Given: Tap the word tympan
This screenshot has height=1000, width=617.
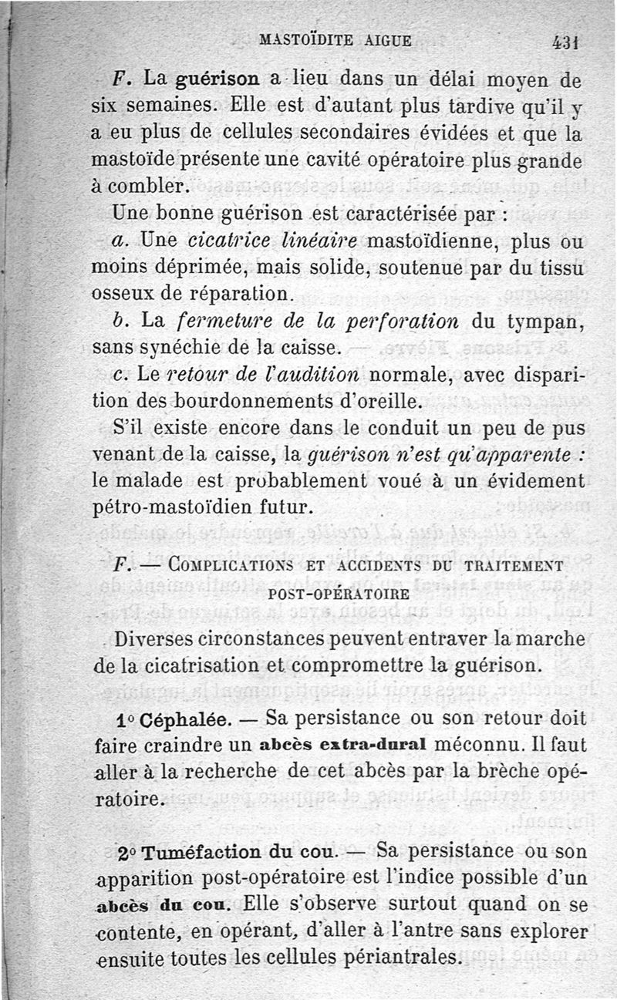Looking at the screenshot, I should (541, 322).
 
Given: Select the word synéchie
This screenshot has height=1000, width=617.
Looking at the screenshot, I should (192, 347).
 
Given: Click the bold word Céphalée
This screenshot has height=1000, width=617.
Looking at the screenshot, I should (181, 719).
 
